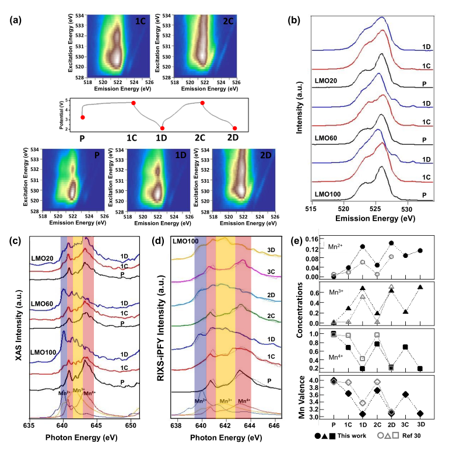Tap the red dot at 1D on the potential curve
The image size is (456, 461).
coord(162,128)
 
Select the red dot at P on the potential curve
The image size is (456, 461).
coord(82,117)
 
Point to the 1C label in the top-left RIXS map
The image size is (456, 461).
coord(141,20)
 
